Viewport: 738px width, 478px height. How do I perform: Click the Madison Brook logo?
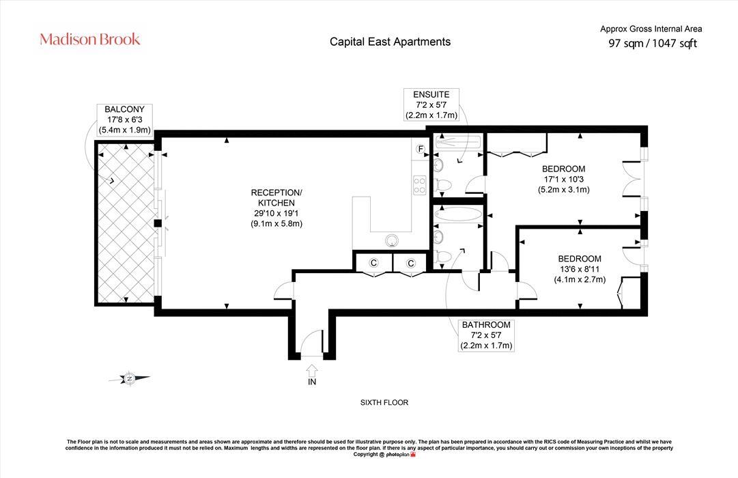coord(90,39)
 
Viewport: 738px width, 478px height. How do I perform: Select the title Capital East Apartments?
coord(390,42)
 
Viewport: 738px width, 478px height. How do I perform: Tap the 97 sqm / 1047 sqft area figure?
coord(652,44)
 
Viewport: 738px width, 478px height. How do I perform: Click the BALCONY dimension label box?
coord(124,119)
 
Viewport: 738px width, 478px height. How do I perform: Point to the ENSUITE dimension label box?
coord(431,105)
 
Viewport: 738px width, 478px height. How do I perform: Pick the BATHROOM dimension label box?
coord(485,335)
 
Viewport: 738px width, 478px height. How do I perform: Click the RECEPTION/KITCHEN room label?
coord(276,208)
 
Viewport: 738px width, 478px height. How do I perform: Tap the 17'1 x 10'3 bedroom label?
coord(563,180)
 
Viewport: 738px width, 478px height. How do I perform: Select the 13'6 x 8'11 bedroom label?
coord(579,269)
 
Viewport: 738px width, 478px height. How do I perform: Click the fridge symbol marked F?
coord(421,149)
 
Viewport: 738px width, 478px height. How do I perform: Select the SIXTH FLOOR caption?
coord(384,403)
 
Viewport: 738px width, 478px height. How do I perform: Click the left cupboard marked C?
coord(373,263)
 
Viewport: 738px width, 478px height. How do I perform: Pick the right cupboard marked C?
coord(411,263)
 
